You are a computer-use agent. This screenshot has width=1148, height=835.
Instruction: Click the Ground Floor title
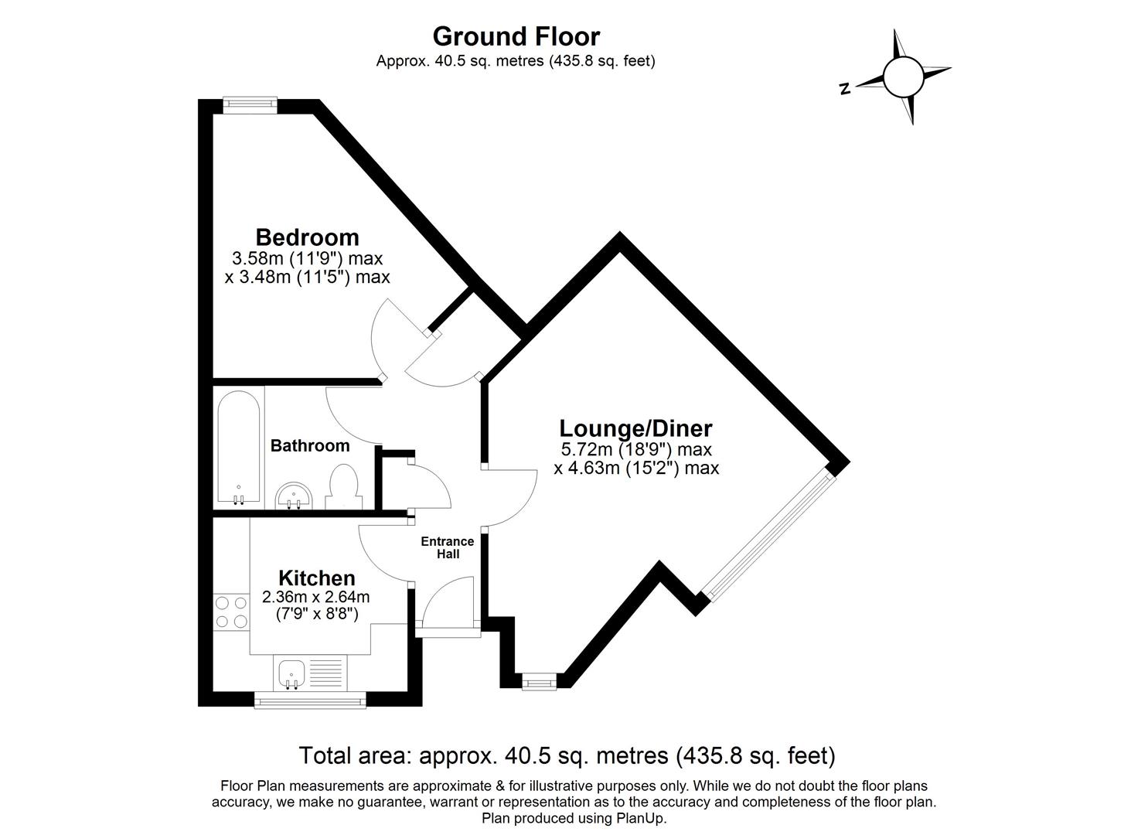point(516,36)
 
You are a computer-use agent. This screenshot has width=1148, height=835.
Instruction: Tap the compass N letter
point(845,89)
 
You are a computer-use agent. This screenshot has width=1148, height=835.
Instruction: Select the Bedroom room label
point(307,237)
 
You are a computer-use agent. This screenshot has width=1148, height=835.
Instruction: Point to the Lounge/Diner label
point(635,428)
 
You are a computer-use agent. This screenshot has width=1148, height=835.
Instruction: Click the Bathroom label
point(310,446)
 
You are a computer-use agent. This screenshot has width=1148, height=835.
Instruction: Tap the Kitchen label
point(316,578)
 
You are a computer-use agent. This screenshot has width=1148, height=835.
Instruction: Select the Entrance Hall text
point(447,547)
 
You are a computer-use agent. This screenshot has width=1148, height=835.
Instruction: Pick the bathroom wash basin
point(294,495)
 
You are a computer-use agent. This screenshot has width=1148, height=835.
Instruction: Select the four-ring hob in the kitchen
point(230,611)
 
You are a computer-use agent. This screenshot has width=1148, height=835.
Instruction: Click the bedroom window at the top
point(250,104)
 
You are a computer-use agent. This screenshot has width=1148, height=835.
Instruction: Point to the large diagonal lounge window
point(769,537)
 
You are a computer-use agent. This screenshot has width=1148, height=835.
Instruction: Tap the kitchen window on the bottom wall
point(310,700)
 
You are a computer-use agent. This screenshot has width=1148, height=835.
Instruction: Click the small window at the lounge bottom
point(538,681)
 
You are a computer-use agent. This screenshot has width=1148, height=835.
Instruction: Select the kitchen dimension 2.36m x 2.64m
point(315,597)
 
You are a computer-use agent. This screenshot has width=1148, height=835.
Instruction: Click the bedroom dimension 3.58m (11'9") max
point(307,258)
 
